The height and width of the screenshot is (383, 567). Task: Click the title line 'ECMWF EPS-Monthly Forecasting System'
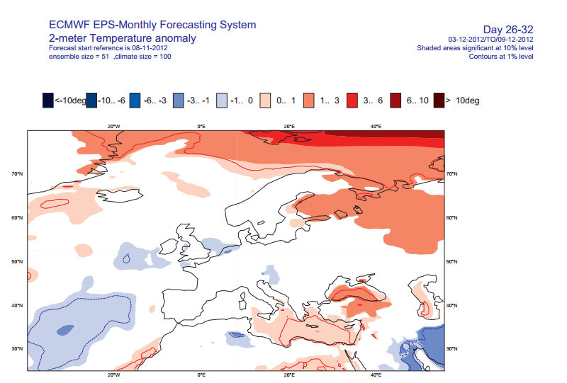152,25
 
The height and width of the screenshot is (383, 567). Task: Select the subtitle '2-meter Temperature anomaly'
122,38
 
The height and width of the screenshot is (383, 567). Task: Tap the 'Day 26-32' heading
508,30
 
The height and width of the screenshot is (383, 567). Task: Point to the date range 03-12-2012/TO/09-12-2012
490,40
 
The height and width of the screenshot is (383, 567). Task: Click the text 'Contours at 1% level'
501,57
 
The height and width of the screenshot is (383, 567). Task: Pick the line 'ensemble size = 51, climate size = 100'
110,57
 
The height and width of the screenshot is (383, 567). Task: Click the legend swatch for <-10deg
47,101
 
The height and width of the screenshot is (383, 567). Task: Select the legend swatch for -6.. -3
135,101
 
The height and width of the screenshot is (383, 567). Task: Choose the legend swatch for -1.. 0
222,101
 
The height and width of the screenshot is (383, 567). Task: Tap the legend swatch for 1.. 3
308,101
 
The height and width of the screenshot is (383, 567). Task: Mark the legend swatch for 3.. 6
352,101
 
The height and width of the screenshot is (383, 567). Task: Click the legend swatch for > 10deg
439,101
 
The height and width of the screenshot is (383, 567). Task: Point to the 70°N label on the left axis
17,173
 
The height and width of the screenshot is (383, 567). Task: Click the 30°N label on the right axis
451,349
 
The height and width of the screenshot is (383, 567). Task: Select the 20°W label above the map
113,126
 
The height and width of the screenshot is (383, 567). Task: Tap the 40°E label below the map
376,375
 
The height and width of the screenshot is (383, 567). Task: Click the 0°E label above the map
201,126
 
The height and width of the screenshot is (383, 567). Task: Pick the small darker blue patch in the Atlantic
65,329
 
